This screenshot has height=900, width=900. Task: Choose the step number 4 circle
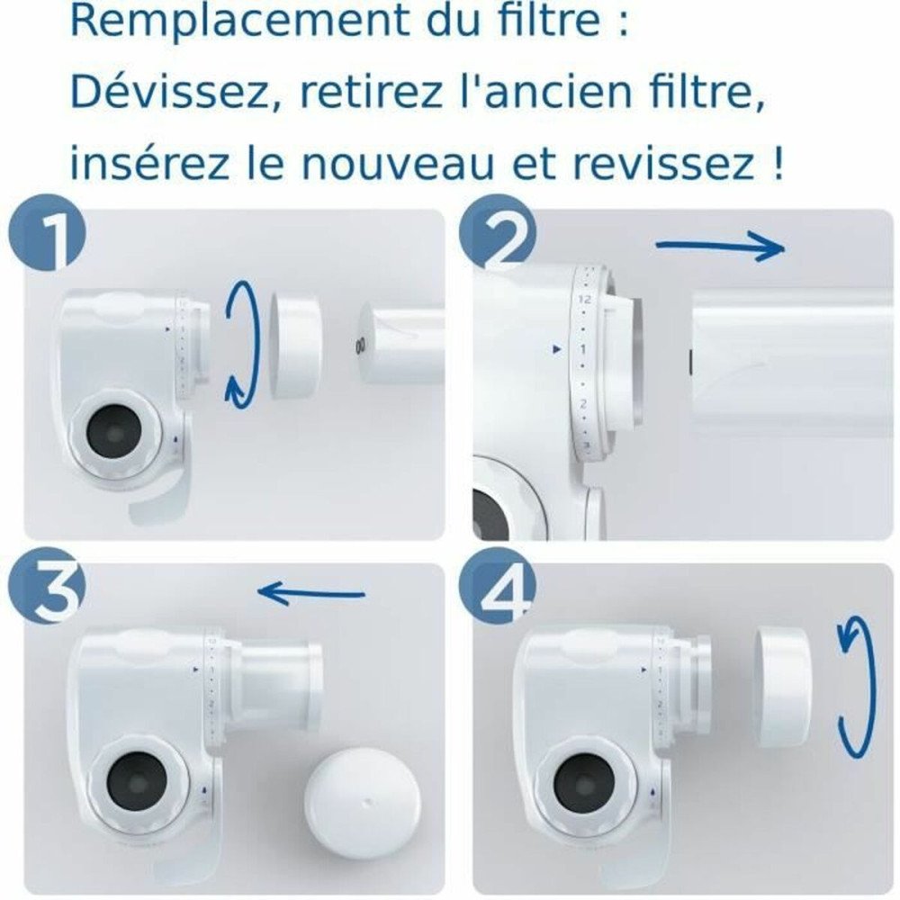tap(494, 591)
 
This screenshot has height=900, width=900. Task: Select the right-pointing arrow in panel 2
tap(720, 247)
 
